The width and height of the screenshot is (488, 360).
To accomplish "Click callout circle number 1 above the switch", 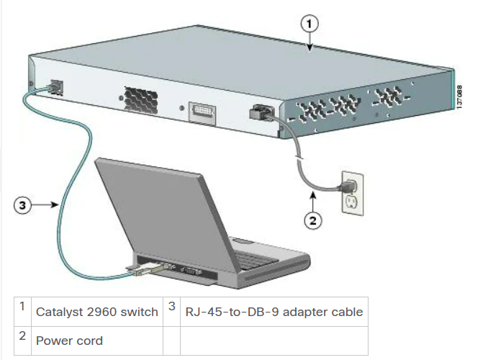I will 309,22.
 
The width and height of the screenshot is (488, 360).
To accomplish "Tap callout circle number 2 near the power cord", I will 312,221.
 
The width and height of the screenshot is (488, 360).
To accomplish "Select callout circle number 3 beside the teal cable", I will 23,205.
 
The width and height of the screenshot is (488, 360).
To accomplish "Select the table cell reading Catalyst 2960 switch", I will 96,312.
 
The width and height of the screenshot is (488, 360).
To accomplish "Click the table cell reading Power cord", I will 69,341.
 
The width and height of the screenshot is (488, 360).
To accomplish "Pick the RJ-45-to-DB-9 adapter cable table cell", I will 274,312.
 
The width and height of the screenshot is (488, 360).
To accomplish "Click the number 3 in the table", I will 172,307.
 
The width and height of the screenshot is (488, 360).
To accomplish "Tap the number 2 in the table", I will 22,336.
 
